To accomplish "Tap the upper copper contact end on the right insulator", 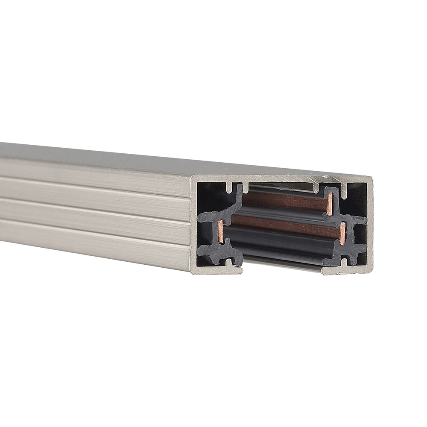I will point(330,204).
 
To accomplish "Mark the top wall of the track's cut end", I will point(282,179).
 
